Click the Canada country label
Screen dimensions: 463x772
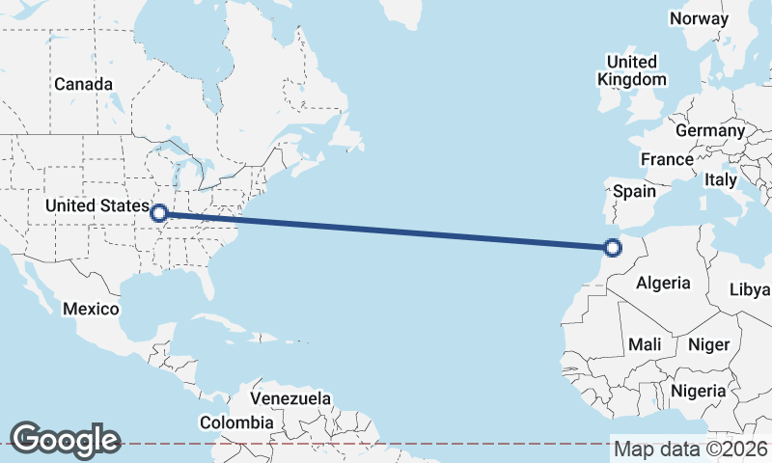point(83,85)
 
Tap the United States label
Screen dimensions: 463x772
point(97,205)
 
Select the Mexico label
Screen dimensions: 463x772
point(91,310)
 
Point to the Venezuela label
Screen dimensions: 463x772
point(290,398)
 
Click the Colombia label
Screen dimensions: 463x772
point(236,422)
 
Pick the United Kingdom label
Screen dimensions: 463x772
point(632,70)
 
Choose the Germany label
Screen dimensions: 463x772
point(710,131)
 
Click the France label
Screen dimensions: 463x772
point(667,160)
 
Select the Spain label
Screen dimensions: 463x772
point(635,191)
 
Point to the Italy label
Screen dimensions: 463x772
point(720,179)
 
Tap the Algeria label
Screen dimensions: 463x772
point(664,284)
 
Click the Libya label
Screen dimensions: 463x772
point(750,289)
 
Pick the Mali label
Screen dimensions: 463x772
point(645,344)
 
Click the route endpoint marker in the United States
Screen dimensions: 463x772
point(159,213)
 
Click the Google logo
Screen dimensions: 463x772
point(66,439)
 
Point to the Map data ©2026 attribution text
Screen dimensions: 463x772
point(691,449)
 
